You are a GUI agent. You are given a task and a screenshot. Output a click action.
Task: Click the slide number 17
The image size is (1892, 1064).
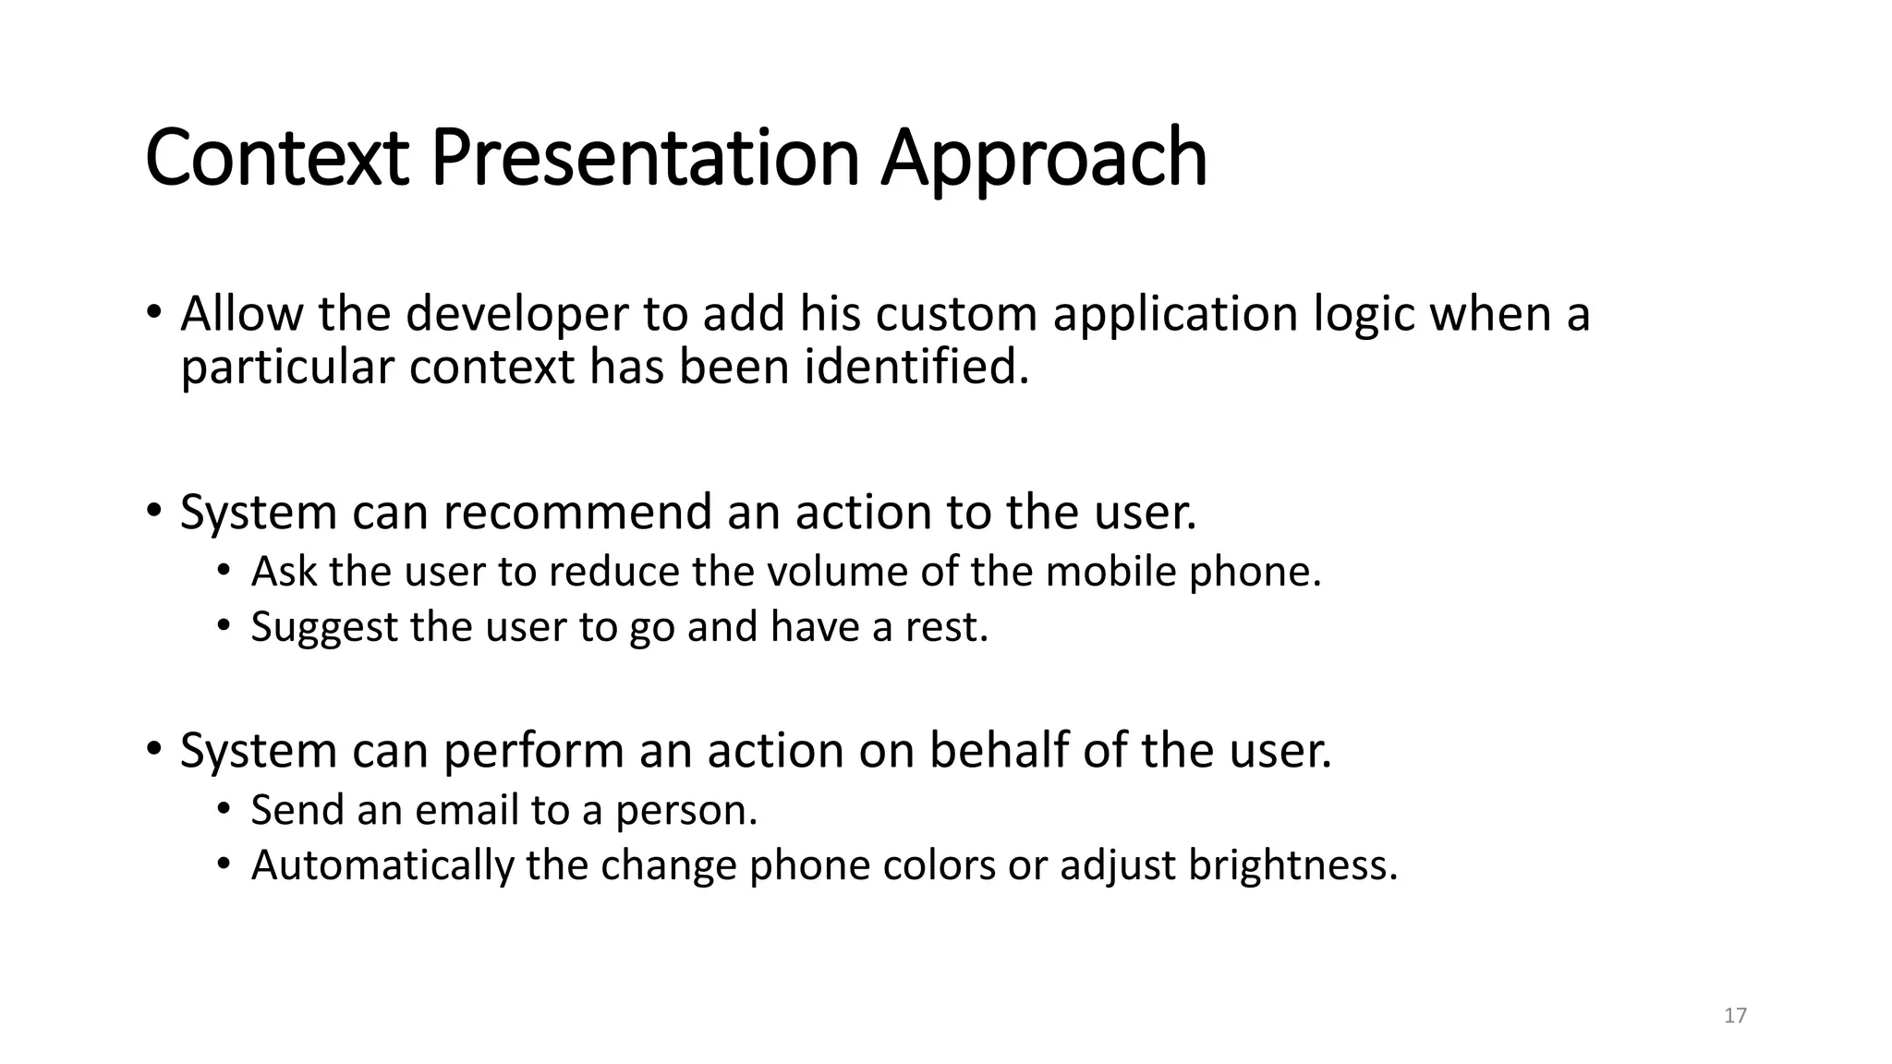[1735, 1016]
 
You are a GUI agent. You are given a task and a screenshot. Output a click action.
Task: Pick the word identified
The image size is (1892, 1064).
[916, 367]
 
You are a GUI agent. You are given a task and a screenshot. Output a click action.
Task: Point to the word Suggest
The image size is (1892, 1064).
[323, 627]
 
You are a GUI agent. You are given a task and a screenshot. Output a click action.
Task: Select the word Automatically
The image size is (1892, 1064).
[382, 865]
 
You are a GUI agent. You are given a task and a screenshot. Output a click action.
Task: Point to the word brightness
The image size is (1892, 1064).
[1292, 865]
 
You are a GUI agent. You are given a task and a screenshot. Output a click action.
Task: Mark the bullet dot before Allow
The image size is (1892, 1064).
[153, 312]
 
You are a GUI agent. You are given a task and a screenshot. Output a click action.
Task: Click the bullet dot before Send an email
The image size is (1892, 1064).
[223, 809]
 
